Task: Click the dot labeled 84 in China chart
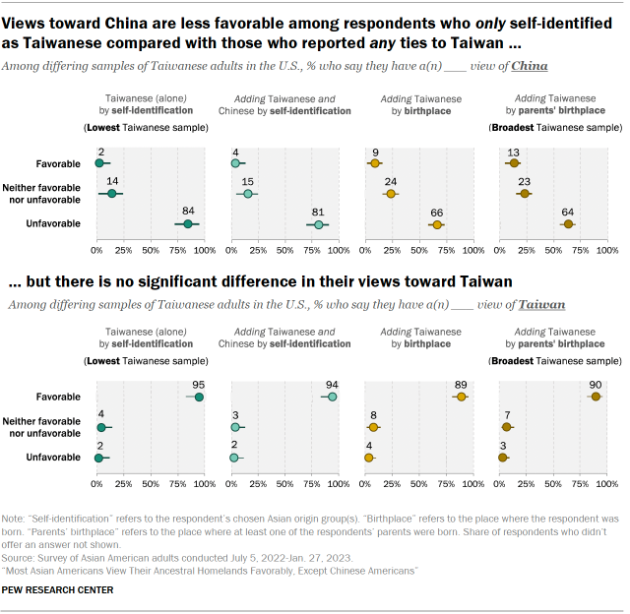tap(187, 224)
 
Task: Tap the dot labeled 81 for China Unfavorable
tap(318, 224)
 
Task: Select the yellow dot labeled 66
tap(437, 224)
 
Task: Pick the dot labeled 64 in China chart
tap(568, 224)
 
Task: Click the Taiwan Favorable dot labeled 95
tap(199, 397)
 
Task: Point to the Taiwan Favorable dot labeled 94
tap(332, 397)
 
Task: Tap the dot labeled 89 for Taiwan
tap(461, 397)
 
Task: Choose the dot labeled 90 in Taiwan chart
tap(595, 397)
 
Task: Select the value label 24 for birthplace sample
tap(391, 181)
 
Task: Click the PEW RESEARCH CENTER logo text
tap(58, 589)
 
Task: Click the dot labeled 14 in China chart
tap(112, 193)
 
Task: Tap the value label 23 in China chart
tap(524, 181)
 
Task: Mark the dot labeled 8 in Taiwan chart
tap(373, 427)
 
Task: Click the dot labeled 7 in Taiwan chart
tap(507, 427)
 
